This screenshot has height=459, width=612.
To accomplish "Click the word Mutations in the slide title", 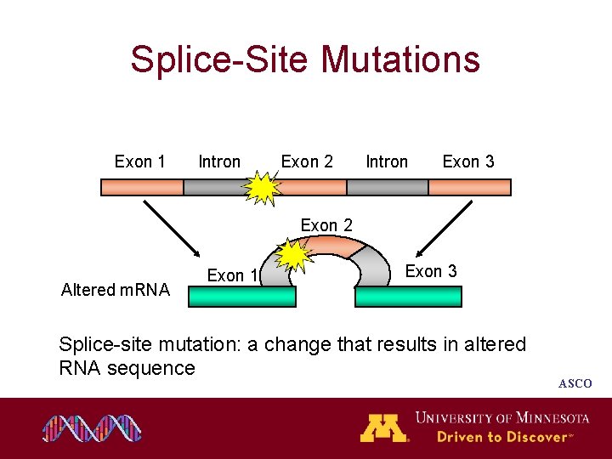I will pos(401,60).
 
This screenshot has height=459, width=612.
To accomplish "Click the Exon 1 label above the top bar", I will pos(140,161).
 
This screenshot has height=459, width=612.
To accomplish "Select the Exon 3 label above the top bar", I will pos(468,161).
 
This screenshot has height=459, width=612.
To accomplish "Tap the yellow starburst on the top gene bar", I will pos(263,189).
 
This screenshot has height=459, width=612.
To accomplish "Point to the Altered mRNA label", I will pos(116,290).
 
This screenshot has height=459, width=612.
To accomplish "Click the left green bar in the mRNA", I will pos(242,297).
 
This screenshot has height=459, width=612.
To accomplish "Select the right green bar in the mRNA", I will pos(408,297).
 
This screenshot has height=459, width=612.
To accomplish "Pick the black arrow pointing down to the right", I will pos(171,228).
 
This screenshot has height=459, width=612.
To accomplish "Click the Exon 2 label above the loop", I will pos(327,225).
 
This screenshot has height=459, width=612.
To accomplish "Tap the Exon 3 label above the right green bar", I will pos(431,271).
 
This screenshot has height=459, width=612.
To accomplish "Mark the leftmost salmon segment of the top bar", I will pos(142,187).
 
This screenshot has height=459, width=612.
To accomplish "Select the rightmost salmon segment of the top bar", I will pos(469,187).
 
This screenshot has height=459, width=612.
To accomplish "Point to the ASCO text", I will pos(575,384).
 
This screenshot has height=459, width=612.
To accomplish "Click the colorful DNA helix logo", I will pos(92,429).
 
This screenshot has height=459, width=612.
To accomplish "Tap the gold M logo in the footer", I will pos(383,428).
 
